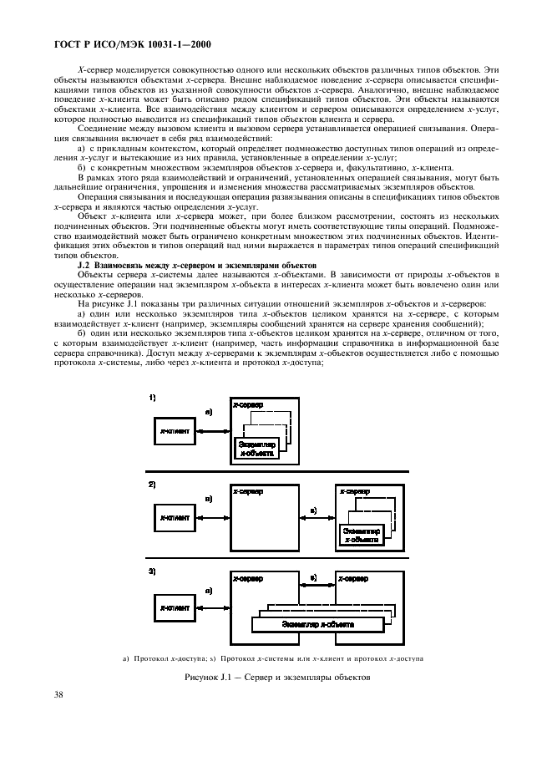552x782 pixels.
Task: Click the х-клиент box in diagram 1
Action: pyautogui.click(x=174, y=431)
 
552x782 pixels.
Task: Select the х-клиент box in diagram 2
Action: pyautogui.click(x=174, y=518)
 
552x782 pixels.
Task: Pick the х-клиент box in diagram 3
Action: pyautogui.click(x=174, y=607)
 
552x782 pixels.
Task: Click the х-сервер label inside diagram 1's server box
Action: pyautogui.click(x=248, y=405)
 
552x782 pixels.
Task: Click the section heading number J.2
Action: pyautogui.click(x=84, y=265)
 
